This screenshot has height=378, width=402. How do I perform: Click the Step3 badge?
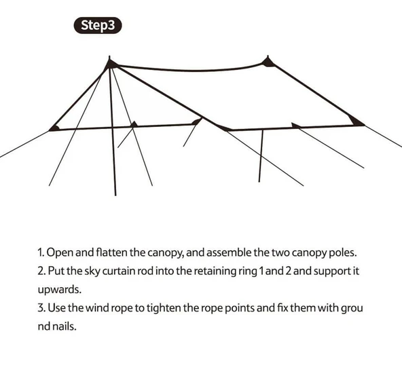[x=98, y=25]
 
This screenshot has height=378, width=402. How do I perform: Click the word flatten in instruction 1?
[x=111, y=252]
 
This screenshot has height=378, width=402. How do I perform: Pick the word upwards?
[x=60, y=290]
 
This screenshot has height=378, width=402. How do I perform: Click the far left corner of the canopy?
[x=50, y=130]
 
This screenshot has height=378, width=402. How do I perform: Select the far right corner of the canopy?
[x=365, y=125]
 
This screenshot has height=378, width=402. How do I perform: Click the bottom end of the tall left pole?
[x=115, y=195]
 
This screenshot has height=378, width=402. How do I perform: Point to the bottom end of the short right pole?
[x=259, y=182]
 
